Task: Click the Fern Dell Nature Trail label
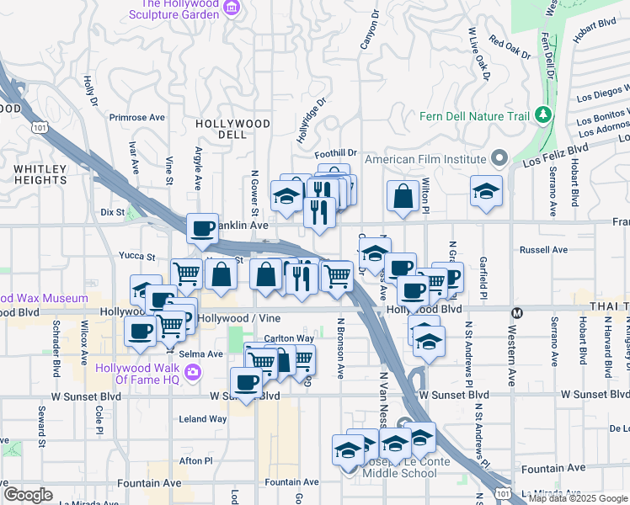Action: (477, 114)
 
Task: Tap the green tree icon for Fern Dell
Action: (544, 114)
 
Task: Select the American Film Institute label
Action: (424, 159)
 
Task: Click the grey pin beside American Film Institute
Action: (499, 158)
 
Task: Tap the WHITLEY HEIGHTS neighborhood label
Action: (40, 174)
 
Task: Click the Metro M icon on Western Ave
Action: (517, 313)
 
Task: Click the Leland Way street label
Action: (202, 418)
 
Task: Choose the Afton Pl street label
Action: (195, 460)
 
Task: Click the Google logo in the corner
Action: (28, 495)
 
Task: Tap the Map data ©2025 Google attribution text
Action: (578, 498)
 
